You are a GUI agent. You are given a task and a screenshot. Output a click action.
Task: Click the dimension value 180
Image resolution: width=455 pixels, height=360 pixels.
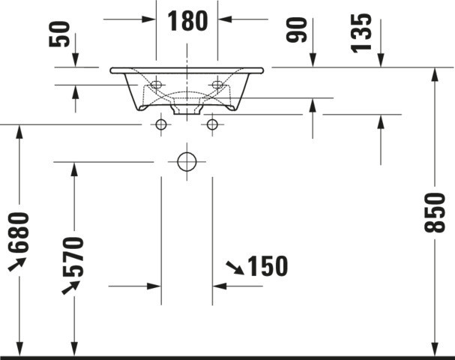[x=187, y=20]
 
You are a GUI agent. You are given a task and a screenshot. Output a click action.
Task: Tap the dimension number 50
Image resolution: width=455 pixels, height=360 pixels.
[x=59, y=34]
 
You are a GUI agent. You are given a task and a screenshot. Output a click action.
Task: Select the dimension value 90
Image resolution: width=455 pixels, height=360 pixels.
[x=296, y=29]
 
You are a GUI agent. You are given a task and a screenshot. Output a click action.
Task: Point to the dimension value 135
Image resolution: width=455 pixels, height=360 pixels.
[x=361, y=33]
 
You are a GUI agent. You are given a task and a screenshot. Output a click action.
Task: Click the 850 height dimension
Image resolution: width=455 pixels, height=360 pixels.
[x=435, y=212]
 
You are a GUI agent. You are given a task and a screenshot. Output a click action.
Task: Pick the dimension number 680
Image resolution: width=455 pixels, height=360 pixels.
[x=19, y=232]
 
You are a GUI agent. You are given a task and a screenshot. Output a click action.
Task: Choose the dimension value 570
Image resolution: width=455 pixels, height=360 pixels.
[x=73, y=256]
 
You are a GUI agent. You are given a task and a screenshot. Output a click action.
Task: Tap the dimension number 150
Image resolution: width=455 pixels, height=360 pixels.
[x=268, y=266]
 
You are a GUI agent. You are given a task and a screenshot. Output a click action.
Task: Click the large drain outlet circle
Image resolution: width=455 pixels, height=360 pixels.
[x=187, y=161]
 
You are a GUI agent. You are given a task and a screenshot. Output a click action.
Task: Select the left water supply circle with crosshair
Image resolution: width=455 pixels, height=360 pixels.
[x=161, y=124]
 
